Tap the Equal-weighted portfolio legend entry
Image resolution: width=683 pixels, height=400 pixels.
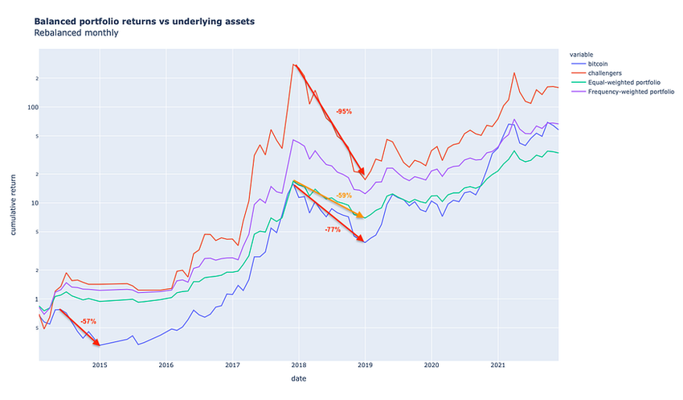pyautogui.click(x=627, y=82)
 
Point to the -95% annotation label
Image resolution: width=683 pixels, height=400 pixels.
pyautogui.click(x=345, y=111)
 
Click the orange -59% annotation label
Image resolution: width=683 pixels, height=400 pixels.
pyautogui.click(x=344, y=196)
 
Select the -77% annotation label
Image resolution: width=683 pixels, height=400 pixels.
pyautogui.click(x=333, y=229)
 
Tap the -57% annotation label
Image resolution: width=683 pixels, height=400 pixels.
pyautogui.click(x=88, y=321)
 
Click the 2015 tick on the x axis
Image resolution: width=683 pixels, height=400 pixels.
pyautogui.click(x=100, y=365)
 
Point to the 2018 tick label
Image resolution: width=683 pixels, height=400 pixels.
pyautogui.click(x=298, y=365)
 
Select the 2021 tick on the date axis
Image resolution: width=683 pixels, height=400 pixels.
pyautogui.click(x=497, y=365)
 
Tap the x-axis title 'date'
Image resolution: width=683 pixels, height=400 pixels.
pyautogui.click(x=298, y=378)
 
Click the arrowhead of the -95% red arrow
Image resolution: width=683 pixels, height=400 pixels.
pyautogui.click(x=363, y=173)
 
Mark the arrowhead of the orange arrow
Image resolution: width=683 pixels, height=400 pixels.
pyautogui.click(x=361, y=216)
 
